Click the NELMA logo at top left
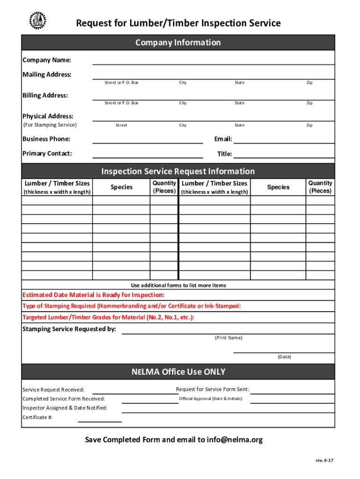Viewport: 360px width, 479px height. click(x=38, y=20)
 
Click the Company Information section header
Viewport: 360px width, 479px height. click(x=178, y=43)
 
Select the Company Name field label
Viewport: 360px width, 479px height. click(x=47, y=60)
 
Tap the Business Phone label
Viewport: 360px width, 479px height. click(x=46, y=139)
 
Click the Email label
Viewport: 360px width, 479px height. click(x=223, y=139)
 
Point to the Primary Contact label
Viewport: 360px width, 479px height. click(x=47, y=153)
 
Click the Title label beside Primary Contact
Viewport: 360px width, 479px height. click(x=224, y=154)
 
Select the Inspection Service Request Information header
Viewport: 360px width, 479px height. click(x=178, y=171)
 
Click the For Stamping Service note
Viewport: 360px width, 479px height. click(x=50, y=125)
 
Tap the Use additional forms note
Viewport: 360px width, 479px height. click(x=178, y=285)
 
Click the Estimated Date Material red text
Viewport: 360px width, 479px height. click(x=94, y=295)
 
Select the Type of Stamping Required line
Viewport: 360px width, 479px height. click(x=132, y=306)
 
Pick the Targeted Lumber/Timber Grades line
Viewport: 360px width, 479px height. click(x=108, y=317)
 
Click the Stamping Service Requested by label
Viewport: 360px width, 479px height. click(x=69, y=329)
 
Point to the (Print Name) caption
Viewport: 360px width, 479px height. click(x=228, y=338)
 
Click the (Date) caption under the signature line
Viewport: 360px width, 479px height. click(x=284, y=356)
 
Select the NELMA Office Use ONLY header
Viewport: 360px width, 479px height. click(x=178, y=372)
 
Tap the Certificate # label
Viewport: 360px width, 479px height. click(x=37, y=417)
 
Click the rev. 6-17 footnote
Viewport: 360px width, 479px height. click(x=324, y=460)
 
